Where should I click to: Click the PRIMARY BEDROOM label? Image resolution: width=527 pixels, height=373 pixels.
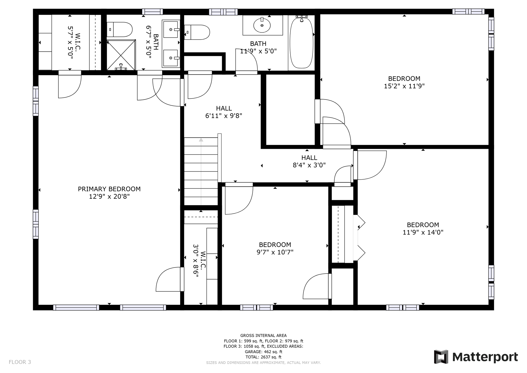tap(109, 189)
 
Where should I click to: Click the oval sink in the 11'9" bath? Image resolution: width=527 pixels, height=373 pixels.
tap(262, 26)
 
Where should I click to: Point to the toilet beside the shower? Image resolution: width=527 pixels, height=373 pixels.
tap(120, 29)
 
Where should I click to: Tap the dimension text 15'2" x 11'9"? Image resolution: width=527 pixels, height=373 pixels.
tap(404, 86)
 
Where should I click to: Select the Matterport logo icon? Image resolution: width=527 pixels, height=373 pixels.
tap(441, 357)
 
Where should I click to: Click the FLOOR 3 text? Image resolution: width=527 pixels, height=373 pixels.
tap(20, 362)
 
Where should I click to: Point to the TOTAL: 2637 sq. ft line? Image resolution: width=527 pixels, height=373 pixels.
tap(263, 357)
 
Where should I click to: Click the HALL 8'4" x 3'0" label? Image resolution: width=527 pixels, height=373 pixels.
tap(309, 161)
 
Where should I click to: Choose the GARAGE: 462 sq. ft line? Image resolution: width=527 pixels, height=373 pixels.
tap(263, 352)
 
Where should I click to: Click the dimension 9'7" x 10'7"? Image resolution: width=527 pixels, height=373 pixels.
tap(275, 252)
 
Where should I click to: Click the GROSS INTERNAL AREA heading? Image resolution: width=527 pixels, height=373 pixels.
tap(263, 335)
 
